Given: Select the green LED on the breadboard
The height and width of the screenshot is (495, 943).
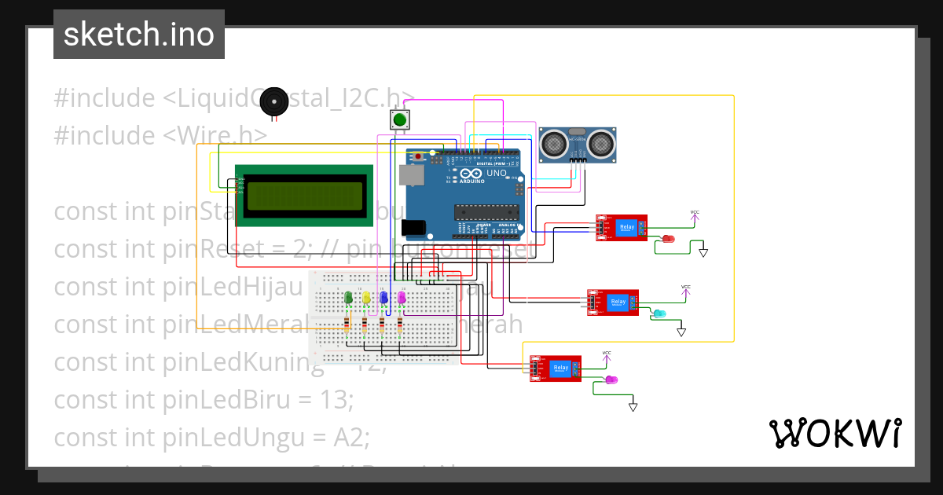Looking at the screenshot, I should (x=348, y=297).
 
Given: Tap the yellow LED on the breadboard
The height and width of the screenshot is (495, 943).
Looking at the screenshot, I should (x=366, y=297).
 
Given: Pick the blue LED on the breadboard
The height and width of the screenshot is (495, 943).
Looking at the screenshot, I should (x=383, y=297).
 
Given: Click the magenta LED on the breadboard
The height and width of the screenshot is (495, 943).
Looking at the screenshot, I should (x=402, y=297).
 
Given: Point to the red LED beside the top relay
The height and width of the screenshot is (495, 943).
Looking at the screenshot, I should (x=668, y=238).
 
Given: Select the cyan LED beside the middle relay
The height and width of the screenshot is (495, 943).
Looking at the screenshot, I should (x=659, y=313).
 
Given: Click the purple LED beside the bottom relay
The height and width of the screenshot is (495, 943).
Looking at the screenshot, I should (x=611, y=379).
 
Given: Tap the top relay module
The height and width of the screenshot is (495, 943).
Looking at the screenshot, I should (x=621, y=228).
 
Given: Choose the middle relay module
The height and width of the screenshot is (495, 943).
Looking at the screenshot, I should (x=613, y=302).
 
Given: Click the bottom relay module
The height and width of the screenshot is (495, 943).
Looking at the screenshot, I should (x=555, y=368).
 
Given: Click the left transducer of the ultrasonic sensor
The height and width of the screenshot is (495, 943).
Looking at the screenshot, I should (x=554, y=144).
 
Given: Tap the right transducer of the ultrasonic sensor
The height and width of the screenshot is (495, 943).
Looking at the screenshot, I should (x=600, y=144).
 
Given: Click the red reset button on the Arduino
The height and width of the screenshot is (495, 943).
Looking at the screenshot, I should (x=418, y=157).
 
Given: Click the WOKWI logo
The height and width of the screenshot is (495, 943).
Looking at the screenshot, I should (x=835, y=433).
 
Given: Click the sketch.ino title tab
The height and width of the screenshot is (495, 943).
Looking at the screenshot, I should (x=139, y=35).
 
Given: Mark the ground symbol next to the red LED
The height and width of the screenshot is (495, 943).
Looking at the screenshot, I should (x=703, y=253).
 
